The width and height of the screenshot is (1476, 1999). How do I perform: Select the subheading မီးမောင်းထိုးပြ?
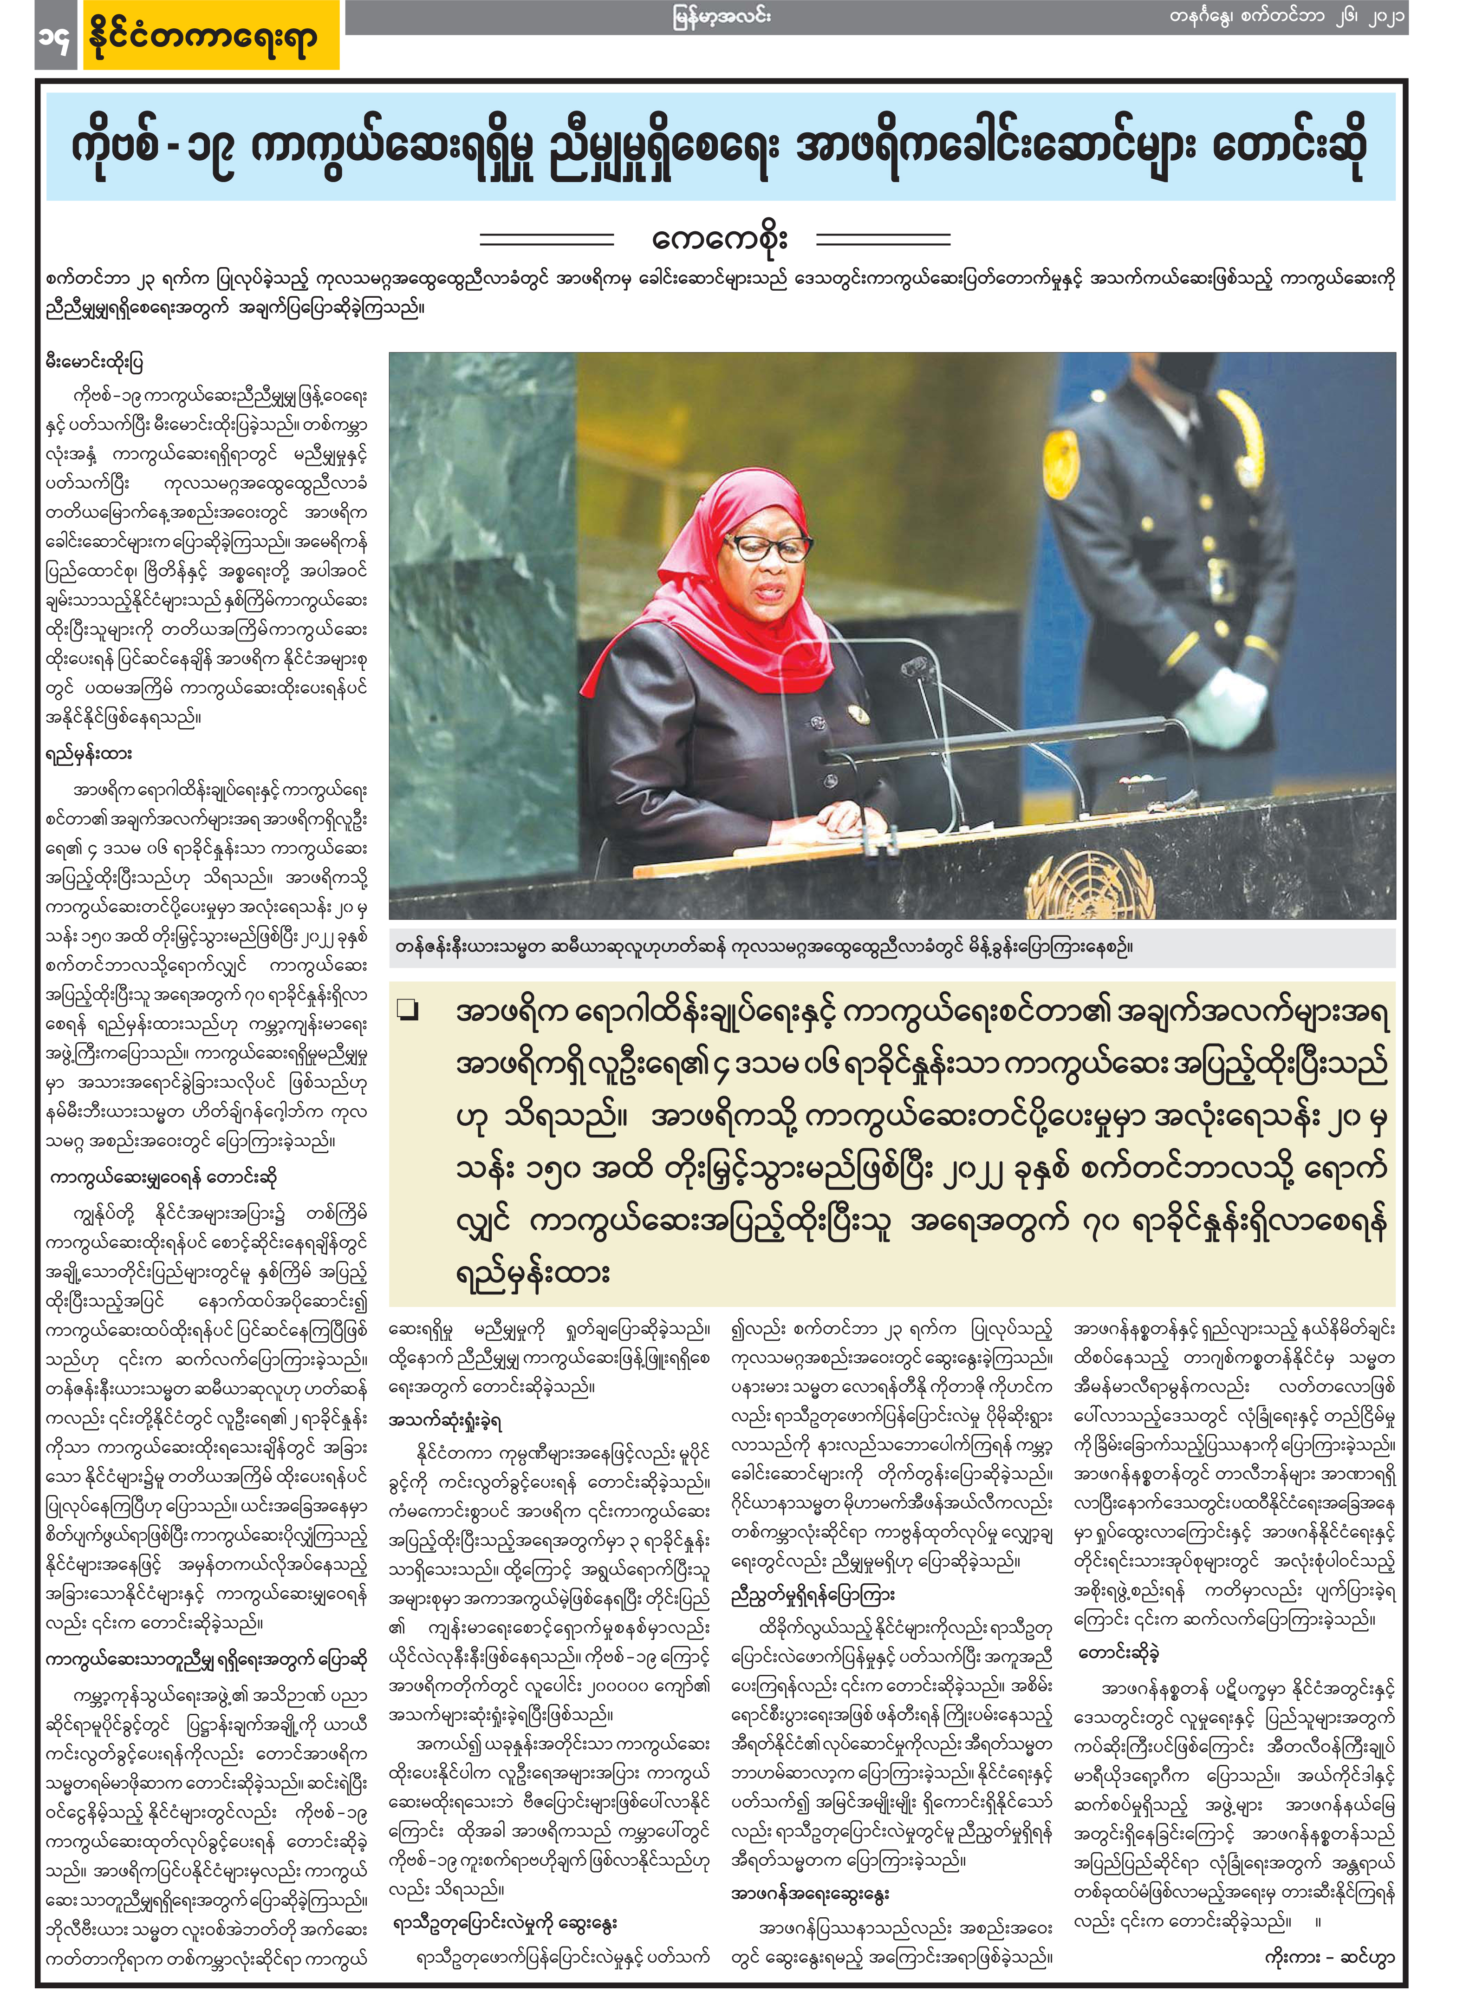pyautogui.click(x=95, y=362)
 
